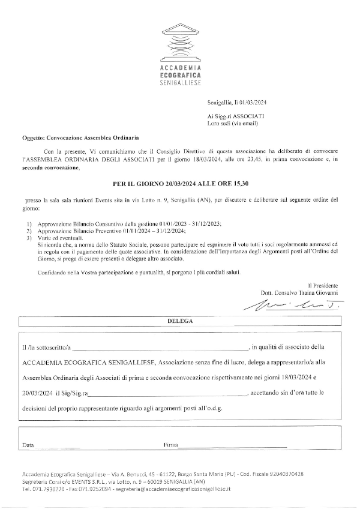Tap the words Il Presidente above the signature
(x=323, y=285)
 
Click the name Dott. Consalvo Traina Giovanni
(x=299, y=292)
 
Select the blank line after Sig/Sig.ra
(x=167, y=393)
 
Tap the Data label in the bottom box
(x=28, y=446)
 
